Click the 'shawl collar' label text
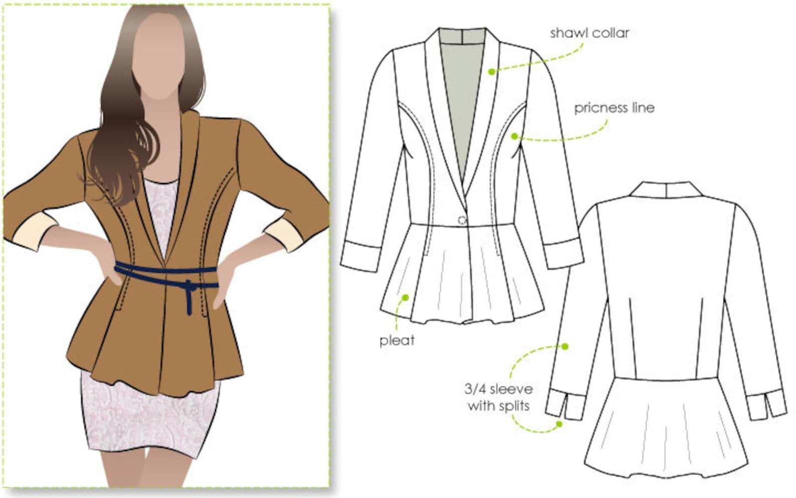point(589,33)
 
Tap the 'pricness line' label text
point(615,108)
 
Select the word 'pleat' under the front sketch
point(397,341)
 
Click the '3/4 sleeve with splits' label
point(499,397)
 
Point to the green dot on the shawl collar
point(491,72)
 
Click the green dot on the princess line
point(514,136)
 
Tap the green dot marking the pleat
point(406,297)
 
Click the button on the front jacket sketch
point(462,220)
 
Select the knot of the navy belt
point(188,286)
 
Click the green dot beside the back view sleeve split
point(559,424)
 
